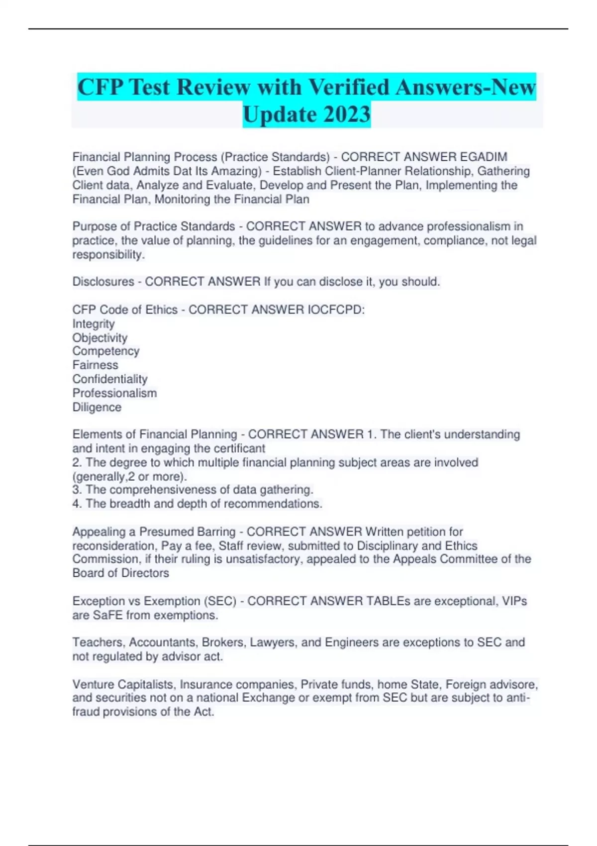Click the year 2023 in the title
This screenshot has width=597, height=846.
347,114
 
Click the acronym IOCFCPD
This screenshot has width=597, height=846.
336,310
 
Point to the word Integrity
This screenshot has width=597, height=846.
94,324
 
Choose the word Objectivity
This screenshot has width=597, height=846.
100,338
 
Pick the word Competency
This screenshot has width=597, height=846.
106,351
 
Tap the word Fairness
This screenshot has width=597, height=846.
96,365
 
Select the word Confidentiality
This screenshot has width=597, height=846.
110,379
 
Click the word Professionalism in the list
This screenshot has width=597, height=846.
114,393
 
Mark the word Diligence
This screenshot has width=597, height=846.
97,407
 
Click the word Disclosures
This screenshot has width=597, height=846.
103,282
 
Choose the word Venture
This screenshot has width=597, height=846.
93,684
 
